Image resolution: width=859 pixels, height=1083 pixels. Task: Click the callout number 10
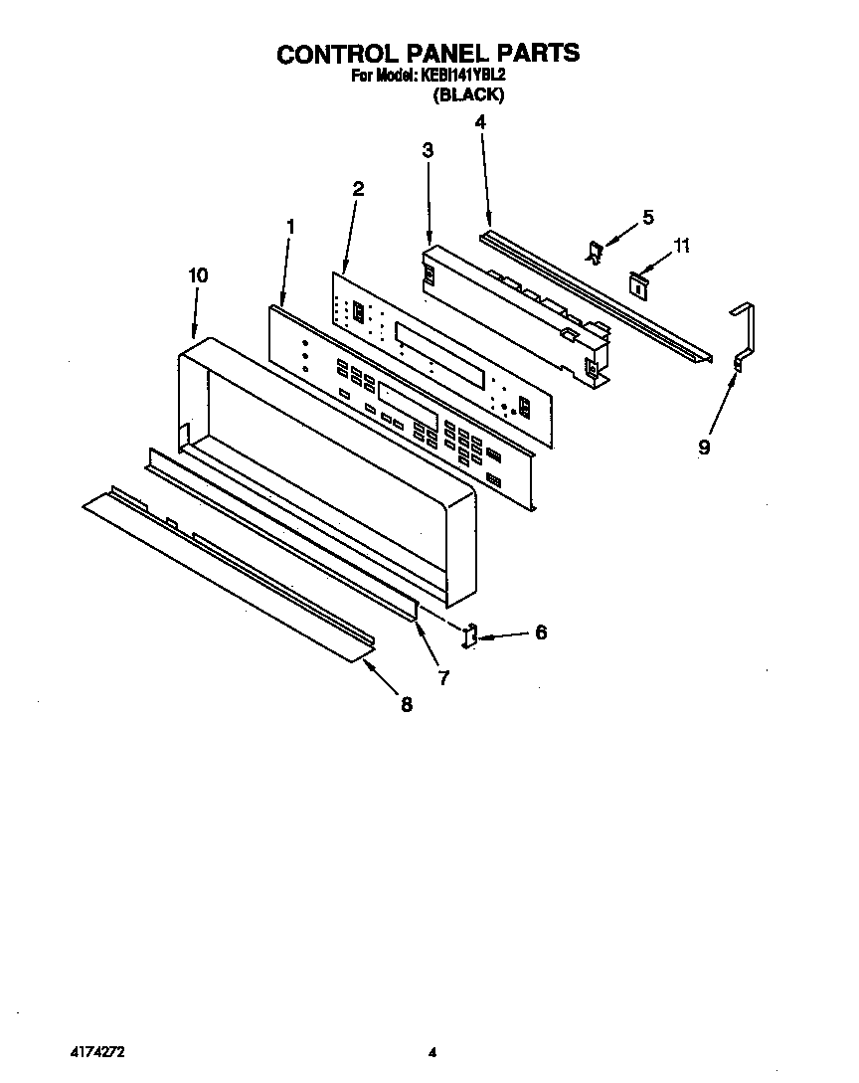click(198, 275)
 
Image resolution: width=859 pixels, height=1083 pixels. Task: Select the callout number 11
click(680, 245)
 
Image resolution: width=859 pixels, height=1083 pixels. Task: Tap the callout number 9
click(704, 448)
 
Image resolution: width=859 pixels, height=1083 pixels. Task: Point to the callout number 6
click(540, 632)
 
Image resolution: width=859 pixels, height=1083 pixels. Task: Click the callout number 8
click(406, 704)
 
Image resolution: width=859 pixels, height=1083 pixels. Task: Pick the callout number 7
click(443, 678)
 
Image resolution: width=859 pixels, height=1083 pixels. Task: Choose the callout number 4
click(480, 122)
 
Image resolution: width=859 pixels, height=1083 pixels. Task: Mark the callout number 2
click(358, 188)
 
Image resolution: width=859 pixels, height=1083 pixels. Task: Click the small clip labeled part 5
click(594, 253)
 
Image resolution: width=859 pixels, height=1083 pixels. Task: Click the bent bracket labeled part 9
click(742, 338)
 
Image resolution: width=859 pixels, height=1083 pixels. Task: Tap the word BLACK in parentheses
click(468, 95)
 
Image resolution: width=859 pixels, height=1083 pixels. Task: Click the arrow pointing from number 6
click(504, 633)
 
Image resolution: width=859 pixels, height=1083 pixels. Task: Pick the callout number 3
click(428, 150)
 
